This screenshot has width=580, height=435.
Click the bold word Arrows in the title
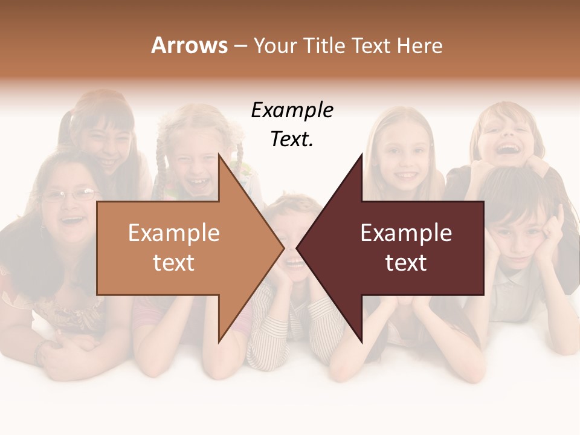click(190, 45)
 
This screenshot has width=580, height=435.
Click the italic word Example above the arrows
click(292, 111)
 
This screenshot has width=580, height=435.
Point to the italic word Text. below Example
click(292, 140)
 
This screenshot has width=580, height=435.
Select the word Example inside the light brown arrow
click(173, 233)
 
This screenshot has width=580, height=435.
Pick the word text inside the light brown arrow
click(173, 263)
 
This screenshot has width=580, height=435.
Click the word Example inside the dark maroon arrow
click(406, 233)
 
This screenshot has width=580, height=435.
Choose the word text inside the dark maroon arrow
click(406, 263)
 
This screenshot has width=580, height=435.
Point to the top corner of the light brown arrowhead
click(219, 155)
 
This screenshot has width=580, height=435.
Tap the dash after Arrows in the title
click(239, 47)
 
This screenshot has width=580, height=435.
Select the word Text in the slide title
click(369, 45)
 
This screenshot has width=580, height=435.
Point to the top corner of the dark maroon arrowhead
click(361, 155)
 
